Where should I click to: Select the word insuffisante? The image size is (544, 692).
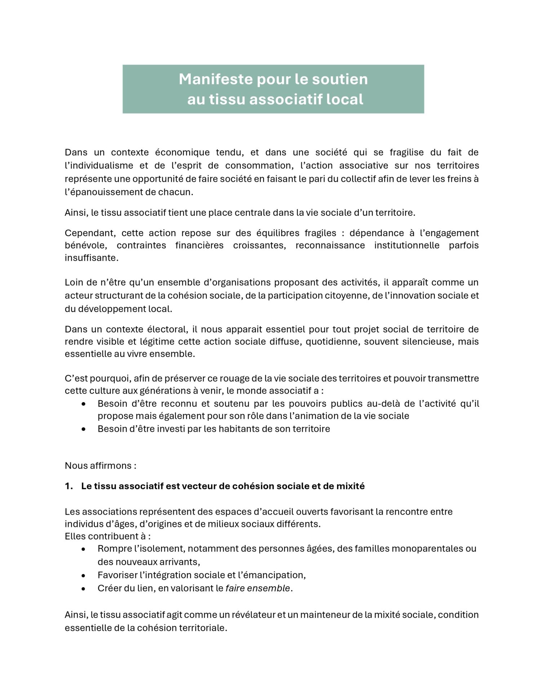pos(92,258)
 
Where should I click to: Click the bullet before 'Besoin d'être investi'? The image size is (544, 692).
pos(84,429)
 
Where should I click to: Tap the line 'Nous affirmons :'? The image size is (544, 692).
pos(101,466)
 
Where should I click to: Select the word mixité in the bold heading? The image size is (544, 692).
pos(350,486)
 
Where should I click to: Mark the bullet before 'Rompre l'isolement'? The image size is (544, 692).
pos(84,549)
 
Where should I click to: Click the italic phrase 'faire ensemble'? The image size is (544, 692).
pos(257,588)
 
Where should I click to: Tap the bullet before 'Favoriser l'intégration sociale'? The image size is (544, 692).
pos(84,575)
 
